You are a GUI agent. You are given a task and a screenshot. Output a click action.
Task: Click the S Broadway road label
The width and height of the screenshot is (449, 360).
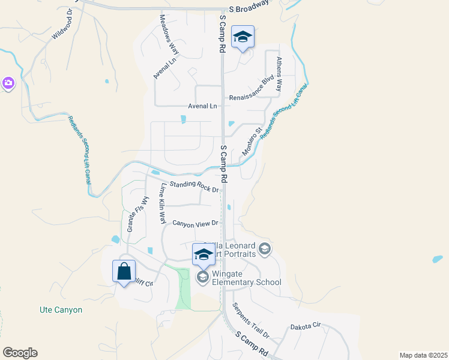click(x=249, y=10)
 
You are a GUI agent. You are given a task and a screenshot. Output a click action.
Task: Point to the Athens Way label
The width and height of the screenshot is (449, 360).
click(x=279, y=74)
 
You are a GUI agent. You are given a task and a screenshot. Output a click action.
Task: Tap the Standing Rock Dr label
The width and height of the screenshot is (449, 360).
click(x=194, y=187)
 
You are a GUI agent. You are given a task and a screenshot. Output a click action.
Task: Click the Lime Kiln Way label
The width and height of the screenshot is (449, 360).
click(x=161, y=204)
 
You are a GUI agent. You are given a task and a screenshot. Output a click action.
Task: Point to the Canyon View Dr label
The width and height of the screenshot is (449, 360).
click(x=194, y=223)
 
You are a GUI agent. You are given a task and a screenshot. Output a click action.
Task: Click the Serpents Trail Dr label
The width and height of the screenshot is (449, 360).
click(x=251, y=320)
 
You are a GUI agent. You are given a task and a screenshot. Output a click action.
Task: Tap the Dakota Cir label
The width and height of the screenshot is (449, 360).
click(x=306, y=326)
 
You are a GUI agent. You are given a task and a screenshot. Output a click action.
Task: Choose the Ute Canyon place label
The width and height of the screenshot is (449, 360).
click(x=56, y=310)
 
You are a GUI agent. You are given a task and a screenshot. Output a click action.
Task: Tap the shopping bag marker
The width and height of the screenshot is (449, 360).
click(x=124, y=271)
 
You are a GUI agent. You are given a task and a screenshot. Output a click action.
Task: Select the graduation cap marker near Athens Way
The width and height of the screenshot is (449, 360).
click(x=243, y=37)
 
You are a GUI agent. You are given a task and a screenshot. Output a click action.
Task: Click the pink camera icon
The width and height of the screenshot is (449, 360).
click(x=8, y=82)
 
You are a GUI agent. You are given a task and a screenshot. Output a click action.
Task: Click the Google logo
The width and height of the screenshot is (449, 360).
click(x=20, y=353)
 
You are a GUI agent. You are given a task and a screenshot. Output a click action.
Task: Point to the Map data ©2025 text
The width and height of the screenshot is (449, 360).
click(x=423, y=355)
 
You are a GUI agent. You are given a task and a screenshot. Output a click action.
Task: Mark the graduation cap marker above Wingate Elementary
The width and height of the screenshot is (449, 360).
click(x=203, y=255)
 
